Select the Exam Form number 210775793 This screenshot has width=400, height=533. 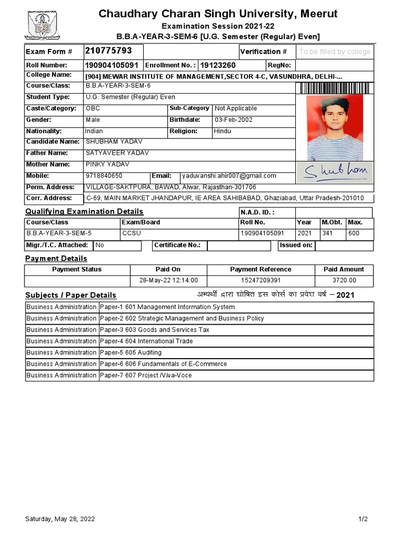point(108,51)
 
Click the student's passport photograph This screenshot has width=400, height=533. point(334,128)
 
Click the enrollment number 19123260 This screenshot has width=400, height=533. point(218,66)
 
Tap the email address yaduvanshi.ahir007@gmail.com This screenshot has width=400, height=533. point(229,176)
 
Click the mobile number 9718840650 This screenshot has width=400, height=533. point(104,176)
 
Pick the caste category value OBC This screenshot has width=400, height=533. point(93,108)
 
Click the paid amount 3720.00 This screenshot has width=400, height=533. point(344,281)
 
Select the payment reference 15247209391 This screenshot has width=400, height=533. point(260,281)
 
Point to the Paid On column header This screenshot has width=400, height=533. point(168,269)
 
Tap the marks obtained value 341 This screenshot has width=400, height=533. point(327,233)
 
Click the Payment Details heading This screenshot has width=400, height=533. point(56,259)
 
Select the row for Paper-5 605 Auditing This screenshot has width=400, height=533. point(199,352)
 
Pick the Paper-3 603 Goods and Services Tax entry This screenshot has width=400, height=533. point(155,329)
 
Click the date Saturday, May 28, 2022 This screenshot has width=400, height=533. point(60,519)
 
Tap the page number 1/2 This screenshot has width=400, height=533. point(363,519)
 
